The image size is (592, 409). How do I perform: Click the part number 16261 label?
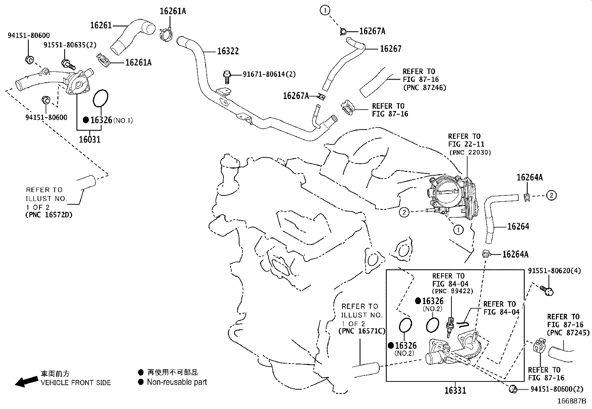(x=101, y=25)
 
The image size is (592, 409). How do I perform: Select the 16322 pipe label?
(x=228, y=51)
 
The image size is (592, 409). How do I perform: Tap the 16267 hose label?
(x=390, y=48)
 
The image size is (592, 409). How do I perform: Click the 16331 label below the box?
(x=455, y=390)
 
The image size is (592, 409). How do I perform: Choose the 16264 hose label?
(x=518, y=226)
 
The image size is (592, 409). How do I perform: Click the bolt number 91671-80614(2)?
(x=269, y=74)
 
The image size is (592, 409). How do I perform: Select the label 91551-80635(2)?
(x=70, y=45)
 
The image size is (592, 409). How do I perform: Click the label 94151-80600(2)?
(x=557, y=389)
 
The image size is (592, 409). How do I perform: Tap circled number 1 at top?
(x=325, y=11)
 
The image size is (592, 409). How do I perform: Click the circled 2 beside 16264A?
(x=551, y=195)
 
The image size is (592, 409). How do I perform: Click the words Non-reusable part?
(x=177, y=382)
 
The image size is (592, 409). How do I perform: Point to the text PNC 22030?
(x=470, y=152)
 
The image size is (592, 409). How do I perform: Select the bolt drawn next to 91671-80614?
(x=226, y=76)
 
